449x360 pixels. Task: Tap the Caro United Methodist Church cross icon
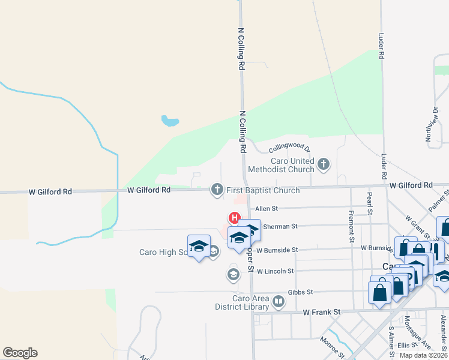pyautogui.click(x=324, y=164)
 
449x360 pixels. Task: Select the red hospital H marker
pyautogui.click(x=234, y=218)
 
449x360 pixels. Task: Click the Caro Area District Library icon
pyautogui.click(x=279, y=302)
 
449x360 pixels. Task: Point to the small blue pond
pyautogui.click(x=170, y=121)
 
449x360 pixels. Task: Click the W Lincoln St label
pyautogui.click(x=275, y=271)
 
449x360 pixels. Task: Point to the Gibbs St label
pyautogui.click(x=300, y=292)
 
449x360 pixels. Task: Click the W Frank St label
pyautogui.click(x=321, y=312)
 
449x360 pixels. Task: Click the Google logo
pyautogui.click(x=20, y=353)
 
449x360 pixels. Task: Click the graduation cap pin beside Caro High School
pyautogui.click(x=199, y=246)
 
